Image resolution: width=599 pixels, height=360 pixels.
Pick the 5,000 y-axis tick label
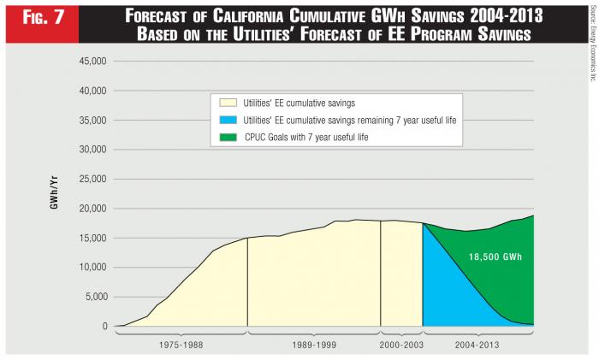93,297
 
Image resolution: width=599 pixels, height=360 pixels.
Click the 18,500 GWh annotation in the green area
495,256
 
